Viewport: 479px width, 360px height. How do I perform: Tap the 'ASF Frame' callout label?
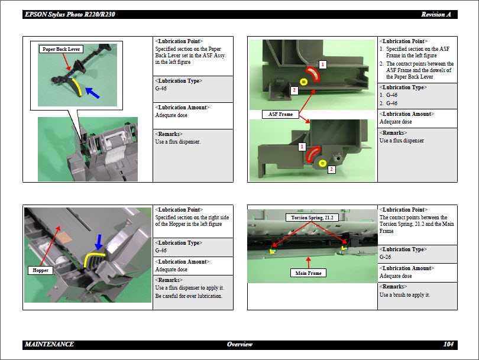(281, 114)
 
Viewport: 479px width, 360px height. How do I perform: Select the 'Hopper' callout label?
(41, 270)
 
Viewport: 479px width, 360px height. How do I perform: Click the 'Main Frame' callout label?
(308, 273)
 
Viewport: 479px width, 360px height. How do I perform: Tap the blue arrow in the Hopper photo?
(99, 241)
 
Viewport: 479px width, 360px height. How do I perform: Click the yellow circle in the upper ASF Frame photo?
(304, 82)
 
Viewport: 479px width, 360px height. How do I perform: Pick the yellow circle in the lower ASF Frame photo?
(322, 163)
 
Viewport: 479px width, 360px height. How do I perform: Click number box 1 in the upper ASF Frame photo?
(323, 63)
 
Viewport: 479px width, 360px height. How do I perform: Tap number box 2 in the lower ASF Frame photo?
(331, 170)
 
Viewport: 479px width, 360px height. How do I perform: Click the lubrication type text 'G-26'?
(386, 257)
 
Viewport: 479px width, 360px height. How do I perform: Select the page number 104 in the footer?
(448, 344)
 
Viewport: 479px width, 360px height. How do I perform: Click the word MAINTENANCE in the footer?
(50, 344)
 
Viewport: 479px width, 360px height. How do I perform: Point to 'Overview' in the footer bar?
(239, 344)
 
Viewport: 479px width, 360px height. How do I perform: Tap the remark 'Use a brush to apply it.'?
(404, 295)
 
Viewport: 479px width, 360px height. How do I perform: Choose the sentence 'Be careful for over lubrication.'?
(189, 296)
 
